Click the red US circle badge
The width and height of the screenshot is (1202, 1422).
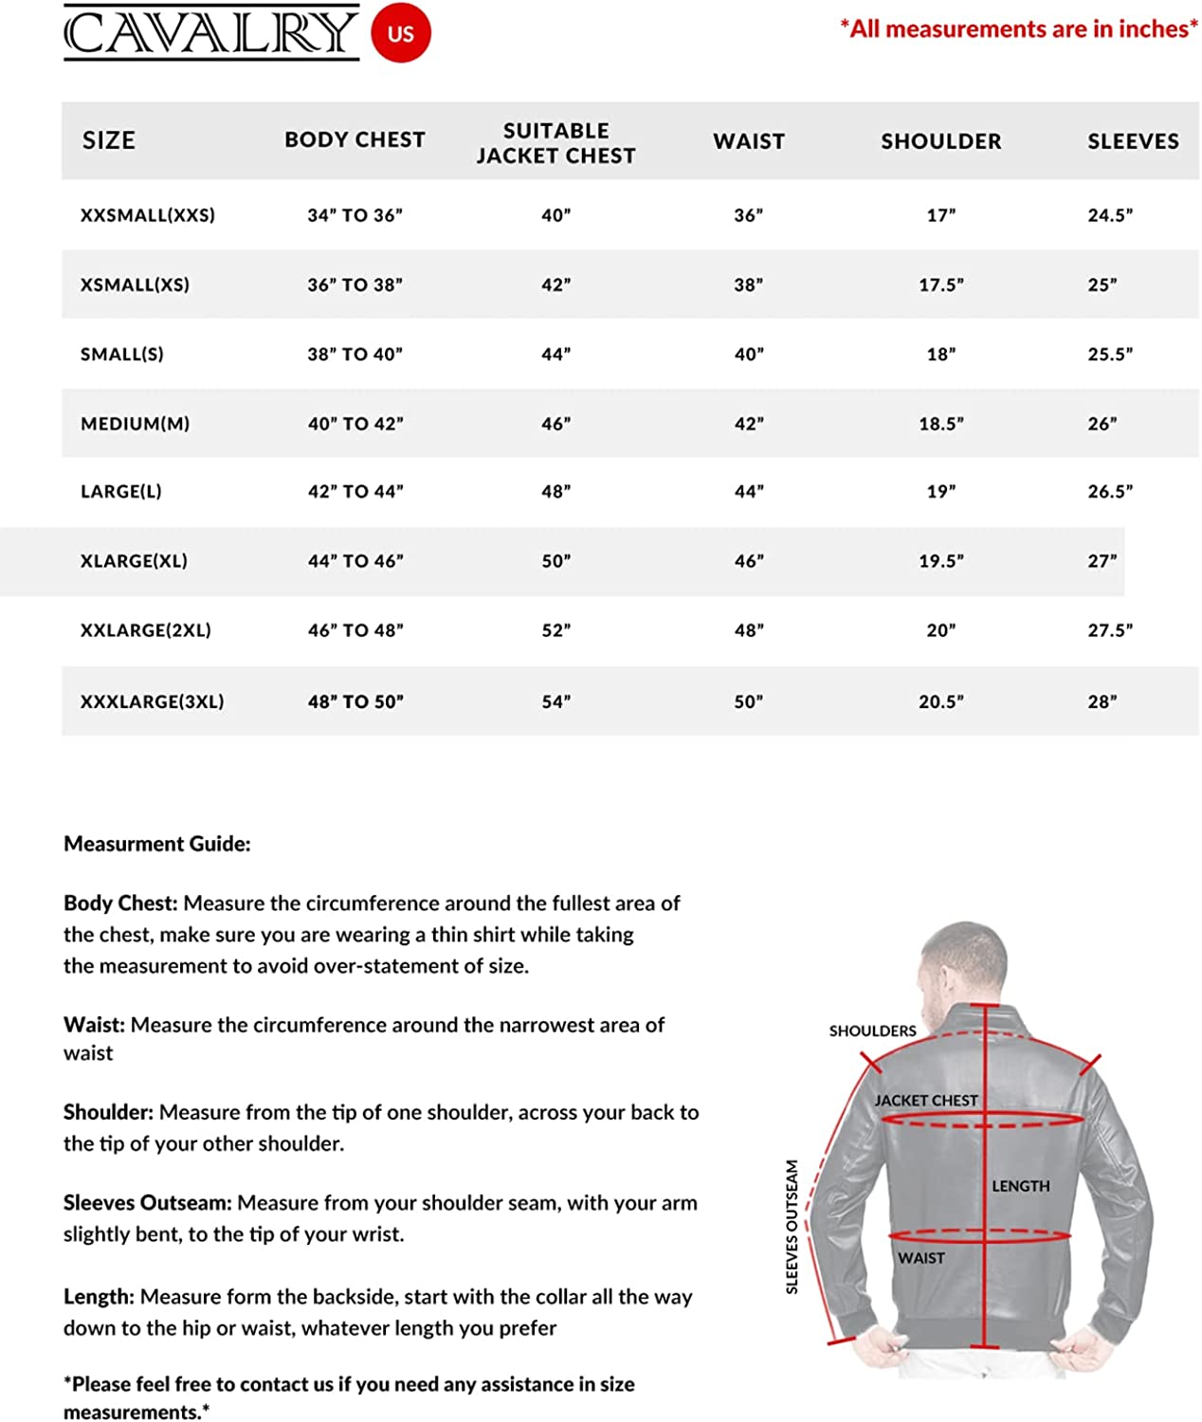(x=400, y=33)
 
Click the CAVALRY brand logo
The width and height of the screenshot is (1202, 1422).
(x=210, y=33)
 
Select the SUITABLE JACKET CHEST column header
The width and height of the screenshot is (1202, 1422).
(x=555, y=142)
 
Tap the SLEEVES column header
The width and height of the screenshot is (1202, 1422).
(x=1133, y=141)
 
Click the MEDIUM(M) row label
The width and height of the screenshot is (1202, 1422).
(x=135, y=424)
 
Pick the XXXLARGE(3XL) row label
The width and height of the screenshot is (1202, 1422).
(x=152, y=702)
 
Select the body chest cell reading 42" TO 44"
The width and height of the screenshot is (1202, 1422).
(x=355, y=491)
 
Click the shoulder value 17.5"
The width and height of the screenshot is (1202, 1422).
(x=940, y=284)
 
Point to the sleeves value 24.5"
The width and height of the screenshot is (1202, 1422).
(x=1109, y=215)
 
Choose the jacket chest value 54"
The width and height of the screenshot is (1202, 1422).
(x=555, y=702)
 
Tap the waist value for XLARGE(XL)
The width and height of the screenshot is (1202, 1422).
(x=748, y=561)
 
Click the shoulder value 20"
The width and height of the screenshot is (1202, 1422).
(x=940, y=630)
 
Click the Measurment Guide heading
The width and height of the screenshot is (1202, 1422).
(x=156, y=844)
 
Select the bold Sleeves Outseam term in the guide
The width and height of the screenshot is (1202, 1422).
(x=147, y=1202)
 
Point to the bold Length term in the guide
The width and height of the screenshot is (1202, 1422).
(x=99, y=1296)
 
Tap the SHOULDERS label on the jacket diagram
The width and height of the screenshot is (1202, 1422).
(x=872, y=1030)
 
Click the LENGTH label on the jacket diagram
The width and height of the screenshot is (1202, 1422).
(x=1020, y=1186)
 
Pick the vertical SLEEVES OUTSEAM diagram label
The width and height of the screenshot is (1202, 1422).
(x=792, y=1227)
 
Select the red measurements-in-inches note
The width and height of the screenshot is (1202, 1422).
(x=1018, y=29)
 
